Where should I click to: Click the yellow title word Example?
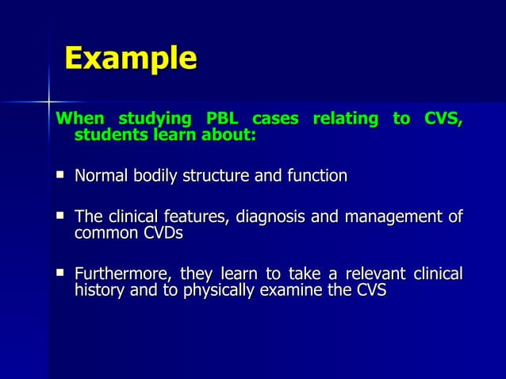tap(131, 59)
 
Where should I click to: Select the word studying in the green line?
tap(155, 120)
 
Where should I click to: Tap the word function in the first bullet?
tap(318, 175)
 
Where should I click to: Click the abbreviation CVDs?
tap(159, 234)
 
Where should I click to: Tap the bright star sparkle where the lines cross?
tap(48, 102)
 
